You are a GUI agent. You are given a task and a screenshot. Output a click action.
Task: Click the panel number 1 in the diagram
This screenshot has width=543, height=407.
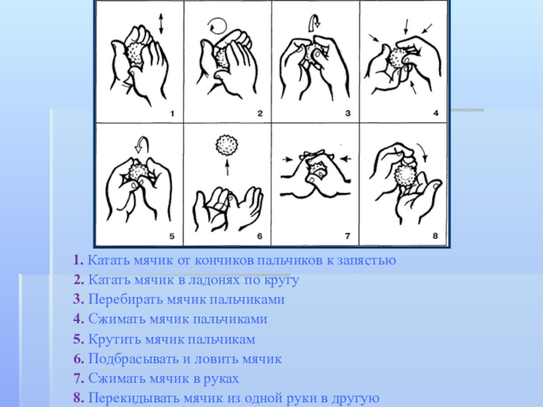coord(172,113)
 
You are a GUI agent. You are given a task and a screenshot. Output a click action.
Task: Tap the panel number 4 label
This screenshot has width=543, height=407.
coord(436,113)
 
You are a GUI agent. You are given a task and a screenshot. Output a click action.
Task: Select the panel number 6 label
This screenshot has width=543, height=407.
coord(259,236)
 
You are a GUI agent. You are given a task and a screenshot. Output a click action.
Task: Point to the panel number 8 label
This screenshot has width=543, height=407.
coord(435,235)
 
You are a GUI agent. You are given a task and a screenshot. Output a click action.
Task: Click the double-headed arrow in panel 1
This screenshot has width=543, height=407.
coord(161,24)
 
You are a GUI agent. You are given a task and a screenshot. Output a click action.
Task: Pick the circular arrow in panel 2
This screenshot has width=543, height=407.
coord(217,26)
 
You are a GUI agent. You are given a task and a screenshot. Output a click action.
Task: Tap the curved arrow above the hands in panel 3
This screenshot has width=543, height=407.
coord(314,22)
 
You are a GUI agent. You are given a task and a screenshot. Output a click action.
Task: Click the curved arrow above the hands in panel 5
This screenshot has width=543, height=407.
coord(142,144)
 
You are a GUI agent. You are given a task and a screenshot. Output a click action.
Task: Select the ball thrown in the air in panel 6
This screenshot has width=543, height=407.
coord(227,145)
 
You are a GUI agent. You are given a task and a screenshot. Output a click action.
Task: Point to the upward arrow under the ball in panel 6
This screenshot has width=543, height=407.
coord(227,167)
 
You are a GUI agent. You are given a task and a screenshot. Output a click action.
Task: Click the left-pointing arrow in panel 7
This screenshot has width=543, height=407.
coord(345,159)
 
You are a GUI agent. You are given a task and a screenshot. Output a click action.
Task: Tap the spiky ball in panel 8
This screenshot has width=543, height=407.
coord(405,175)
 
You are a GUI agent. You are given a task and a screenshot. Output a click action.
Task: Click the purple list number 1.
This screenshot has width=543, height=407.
coord(78,260)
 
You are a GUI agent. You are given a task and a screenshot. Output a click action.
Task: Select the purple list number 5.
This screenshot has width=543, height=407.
coord(79,339)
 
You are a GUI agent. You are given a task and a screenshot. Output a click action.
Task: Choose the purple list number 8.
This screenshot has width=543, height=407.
coord(79,398)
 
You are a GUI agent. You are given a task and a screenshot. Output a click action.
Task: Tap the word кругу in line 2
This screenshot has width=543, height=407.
coord(282,281)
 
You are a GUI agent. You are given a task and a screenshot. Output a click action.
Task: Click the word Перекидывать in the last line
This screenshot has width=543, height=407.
coord(134,398)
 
